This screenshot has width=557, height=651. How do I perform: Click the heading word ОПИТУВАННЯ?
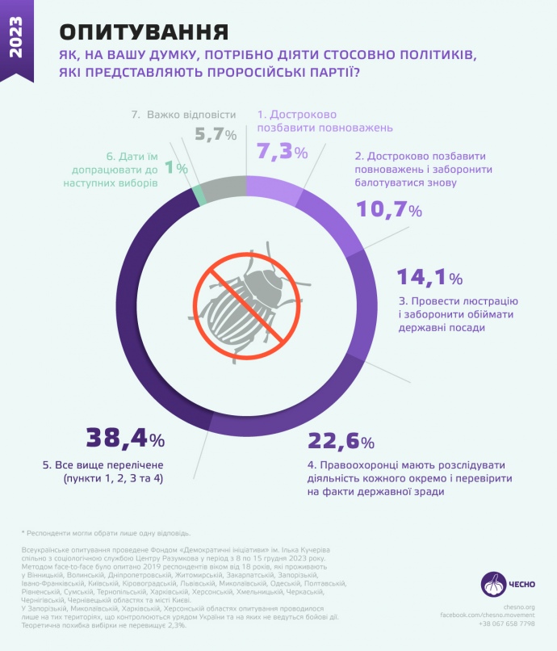[x=144, y=31]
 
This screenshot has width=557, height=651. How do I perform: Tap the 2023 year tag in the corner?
[x=17, y=36]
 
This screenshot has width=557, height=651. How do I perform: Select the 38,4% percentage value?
[x=125, y=439]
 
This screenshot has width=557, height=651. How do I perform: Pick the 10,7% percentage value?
[x=389, y=210]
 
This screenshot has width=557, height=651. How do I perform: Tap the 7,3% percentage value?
[x=282, y=150]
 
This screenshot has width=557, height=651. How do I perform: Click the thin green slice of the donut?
[x=198, y=194]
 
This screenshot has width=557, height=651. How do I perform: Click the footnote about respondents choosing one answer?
[x=106, y=533]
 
